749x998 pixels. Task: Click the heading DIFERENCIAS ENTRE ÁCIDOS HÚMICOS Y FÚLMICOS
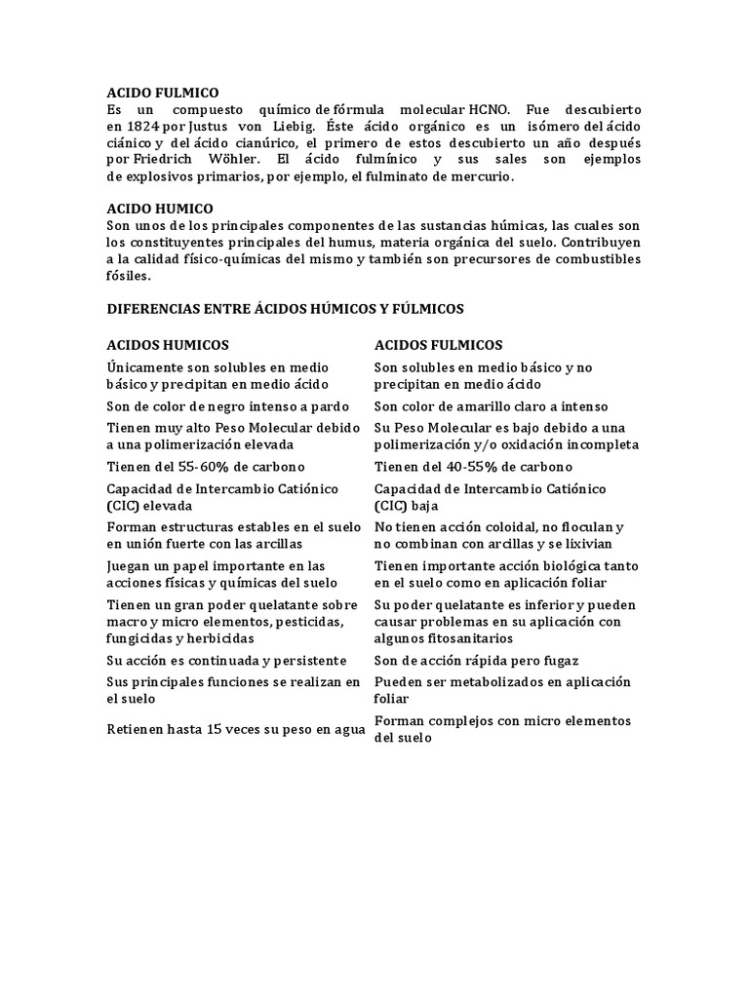tap(285, 309)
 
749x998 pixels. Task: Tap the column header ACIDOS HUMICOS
tap(168, 345)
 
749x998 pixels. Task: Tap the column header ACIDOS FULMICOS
tap(439, 345)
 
